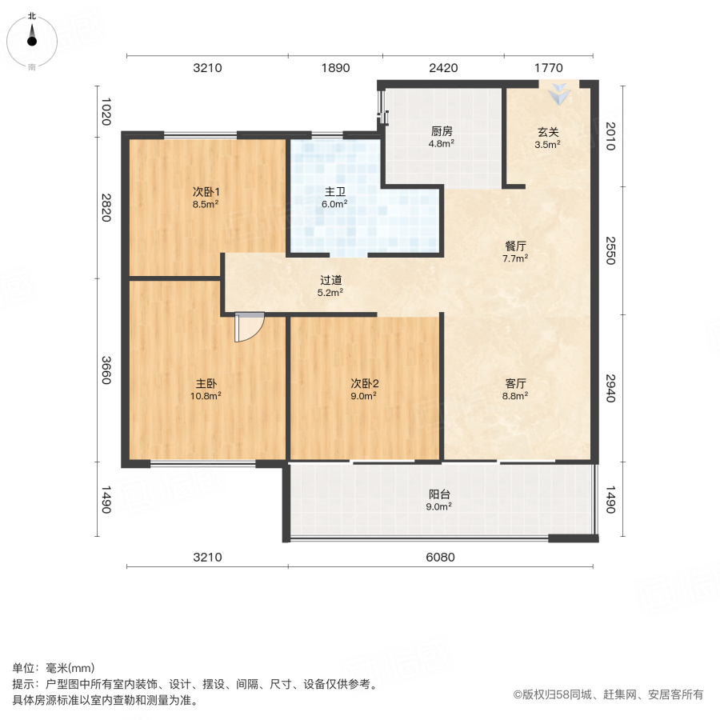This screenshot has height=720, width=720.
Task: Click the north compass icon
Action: click(32, 38)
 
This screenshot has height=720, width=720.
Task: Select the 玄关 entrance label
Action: click(548, 132)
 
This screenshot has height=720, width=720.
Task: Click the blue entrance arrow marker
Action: click(560, 94)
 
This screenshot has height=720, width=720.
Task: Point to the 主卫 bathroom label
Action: click(335, 192)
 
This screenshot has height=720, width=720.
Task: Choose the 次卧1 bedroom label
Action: click(206, 192)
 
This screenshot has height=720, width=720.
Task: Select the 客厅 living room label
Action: click(514, 383)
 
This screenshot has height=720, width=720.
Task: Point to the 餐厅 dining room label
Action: click(514, 246)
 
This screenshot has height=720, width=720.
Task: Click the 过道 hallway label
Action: click(331, 280)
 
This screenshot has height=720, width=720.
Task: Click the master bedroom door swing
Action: click(249, 326)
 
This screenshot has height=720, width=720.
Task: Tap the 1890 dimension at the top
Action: click(336, 68)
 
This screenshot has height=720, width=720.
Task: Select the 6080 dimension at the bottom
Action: click(440, 557)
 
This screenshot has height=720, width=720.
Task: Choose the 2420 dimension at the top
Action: click(443, 68)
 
